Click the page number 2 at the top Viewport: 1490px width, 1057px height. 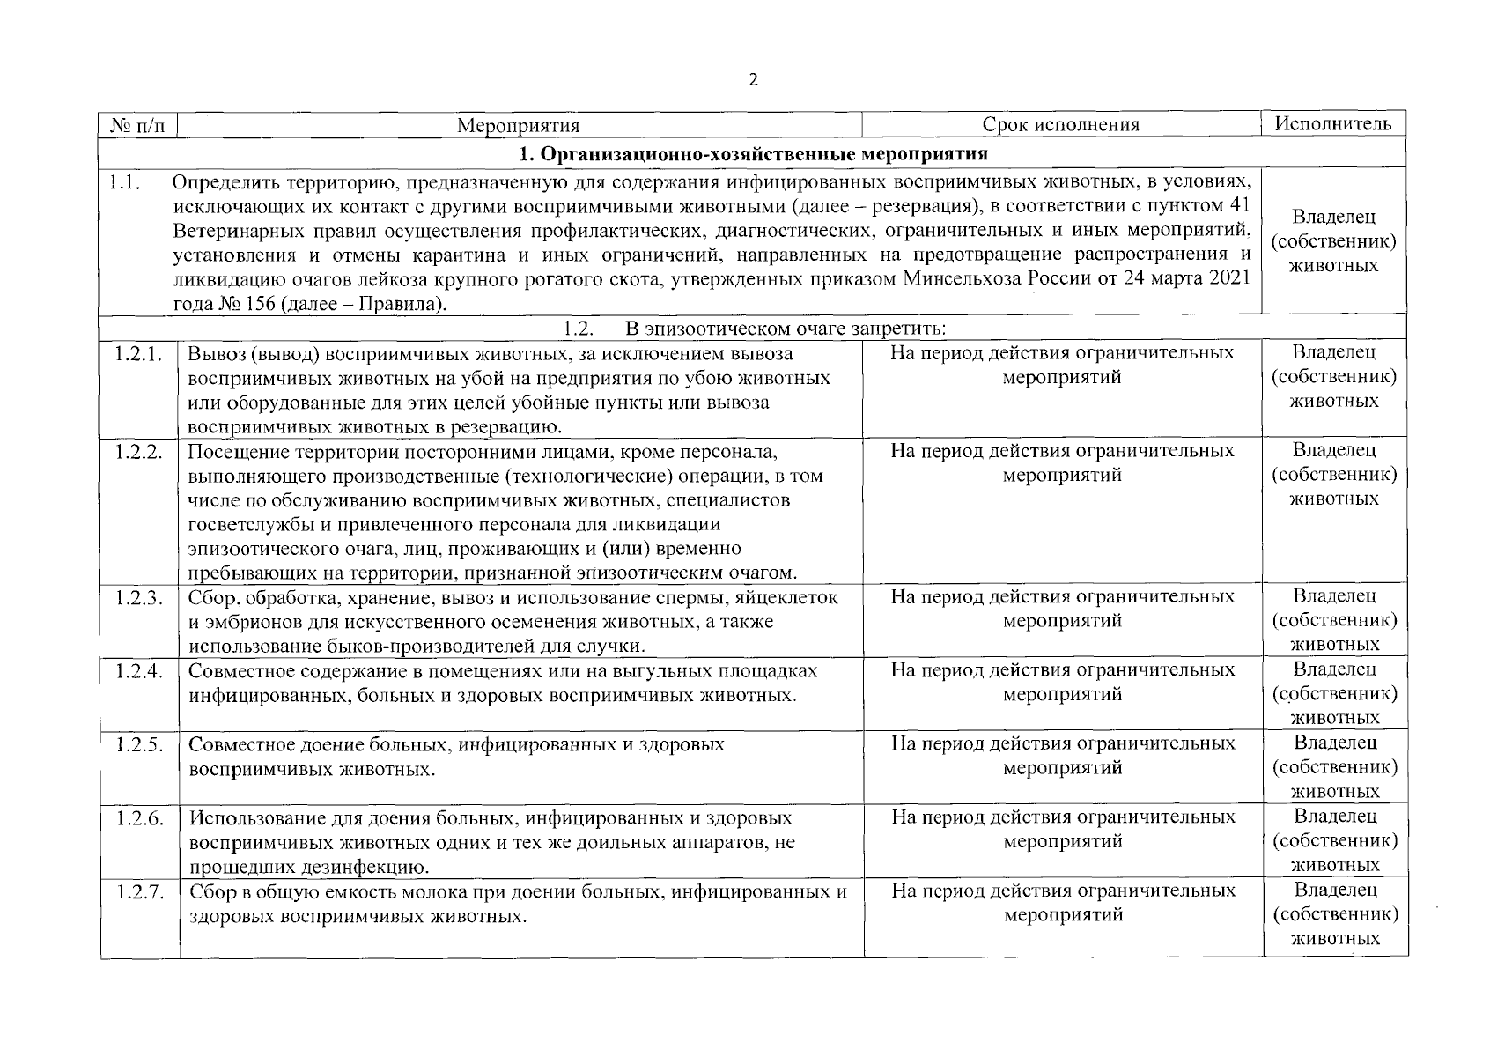click(x=752, y=80)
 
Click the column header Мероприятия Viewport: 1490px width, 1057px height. click(x=518, y=125)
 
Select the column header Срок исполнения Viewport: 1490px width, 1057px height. click(x=1060, y=125)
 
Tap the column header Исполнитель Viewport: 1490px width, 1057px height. click(x=1333, y=124)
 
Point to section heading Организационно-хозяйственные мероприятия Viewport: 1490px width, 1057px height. click(x=753, y=154)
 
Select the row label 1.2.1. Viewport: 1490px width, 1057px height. click(x=138, y=354)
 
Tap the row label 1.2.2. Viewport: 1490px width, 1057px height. click(x=138, y=452)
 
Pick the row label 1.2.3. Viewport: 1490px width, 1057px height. click(x=138, y=598)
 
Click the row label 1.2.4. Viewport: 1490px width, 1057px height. click(x=138, y=671)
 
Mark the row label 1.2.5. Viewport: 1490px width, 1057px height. click(x=138, y=745)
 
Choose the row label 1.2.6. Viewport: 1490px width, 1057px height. click(x=138, y=818)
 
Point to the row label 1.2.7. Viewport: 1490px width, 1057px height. click(x=138, y=892)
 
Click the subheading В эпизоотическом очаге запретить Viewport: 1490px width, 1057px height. click(x=786, y=329)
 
